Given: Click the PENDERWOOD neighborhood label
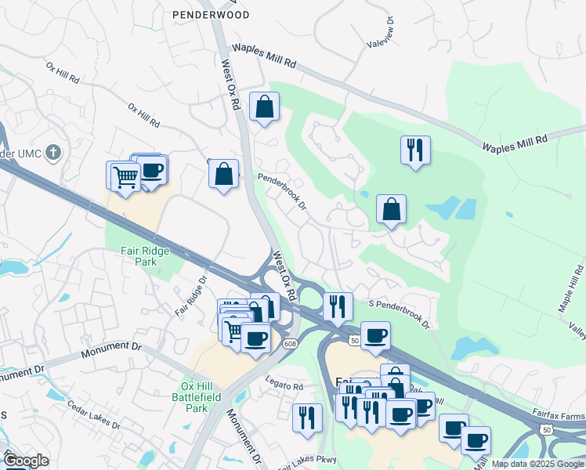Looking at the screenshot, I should click(x=212, y=15).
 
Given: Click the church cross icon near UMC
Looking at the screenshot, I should click(x=53, y=151).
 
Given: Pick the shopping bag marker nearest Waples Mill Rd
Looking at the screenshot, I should click(x=265, y=107).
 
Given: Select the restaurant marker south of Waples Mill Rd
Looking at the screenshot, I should click(x=414, y=150).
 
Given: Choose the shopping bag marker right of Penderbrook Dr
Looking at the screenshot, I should click(x=391, y=209).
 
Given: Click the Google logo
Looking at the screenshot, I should click(x=26, y=461).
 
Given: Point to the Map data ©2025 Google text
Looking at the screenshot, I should click(x=537, y=464).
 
